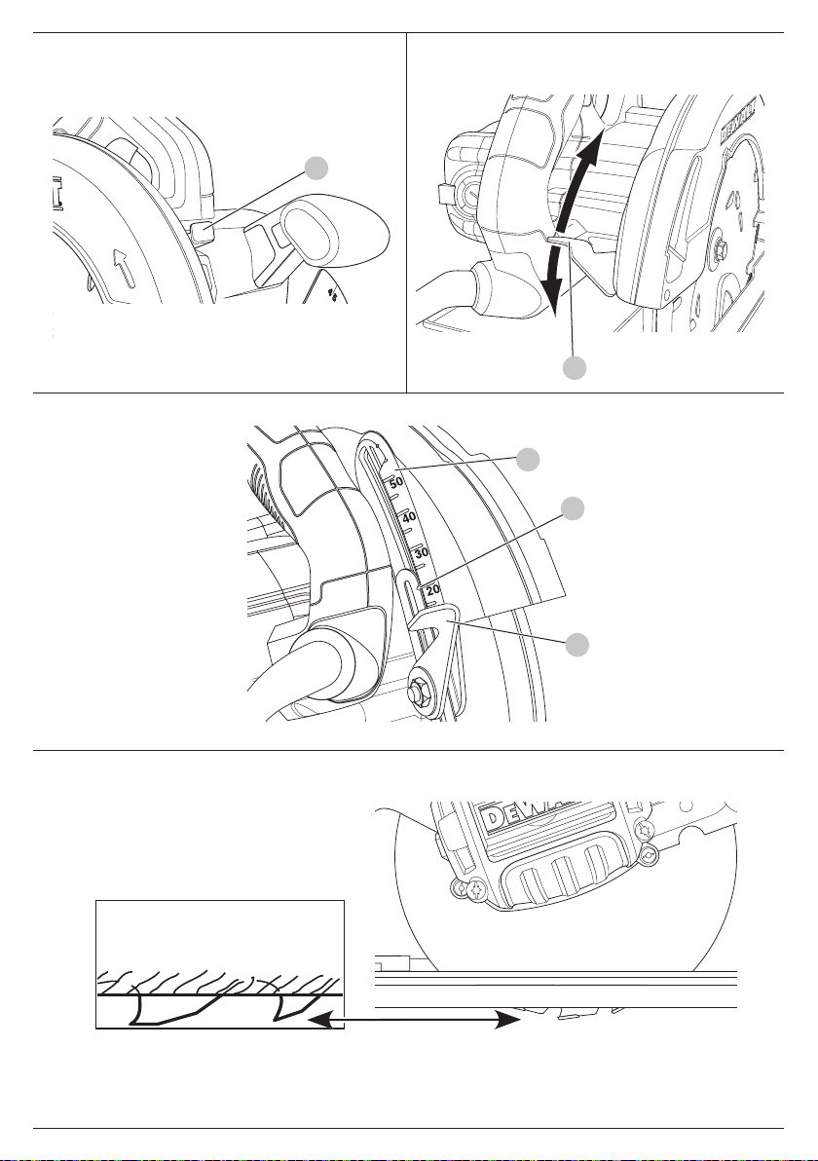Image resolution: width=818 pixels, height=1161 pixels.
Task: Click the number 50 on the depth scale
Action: (x=396, y=481)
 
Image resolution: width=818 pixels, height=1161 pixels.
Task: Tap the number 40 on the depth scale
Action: (x=409, y=516)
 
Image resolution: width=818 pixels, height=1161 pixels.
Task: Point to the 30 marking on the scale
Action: (x=422, y=552)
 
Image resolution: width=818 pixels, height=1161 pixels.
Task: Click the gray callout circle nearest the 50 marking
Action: (x=527, y=459)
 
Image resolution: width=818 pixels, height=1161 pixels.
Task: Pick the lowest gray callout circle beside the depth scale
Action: (x=577, y=644)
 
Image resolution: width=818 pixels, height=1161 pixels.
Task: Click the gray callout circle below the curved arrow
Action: (x=577, y=367)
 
